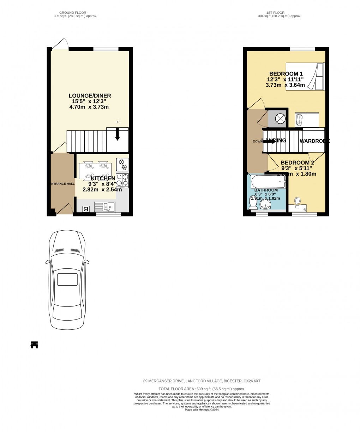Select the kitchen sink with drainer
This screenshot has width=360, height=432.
pyautogui.click(x=104, y=207)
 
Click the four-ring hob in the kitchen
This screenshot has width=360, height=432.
pyautogui.click(x=122, y=180)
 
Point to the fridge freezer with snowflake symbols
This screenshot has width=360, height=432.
pyautogui.click(x=122, y=164)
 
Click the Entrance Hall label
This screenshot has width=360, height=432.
pyautogui.click(x=62, y=184)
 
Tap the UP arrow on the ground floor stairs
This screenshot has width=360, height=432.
pyautogui.click(x=117, y=134)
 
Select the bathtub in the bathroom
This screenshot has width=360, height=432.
pyautogui.click(x=268, y=182)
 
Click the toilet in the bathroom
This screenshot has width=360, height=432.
pyautogui.click(x=253, y=203)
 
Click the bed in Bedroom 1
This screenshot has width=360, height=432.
pyautogui.click(x=305, y=77)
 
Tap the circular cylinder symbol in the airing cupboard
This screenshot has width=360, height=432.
pyautogui.click(x=280, y=119)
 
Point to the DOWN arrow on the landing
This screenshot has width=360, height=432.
pyautogui.click(x=269, y=141)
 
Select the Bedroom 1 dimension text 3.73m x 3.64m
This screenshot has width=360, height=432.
pyautogui.click(x=285, y=85)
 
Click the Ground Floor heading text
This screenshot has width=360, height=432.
pyautogui.click(x=73, y=13)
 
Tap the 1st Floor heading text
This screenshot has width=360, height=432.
pyautogui.click(x=276, y=13)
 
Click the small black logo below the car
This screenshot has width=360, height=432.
pyautogui.click(x=34, y=345)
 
